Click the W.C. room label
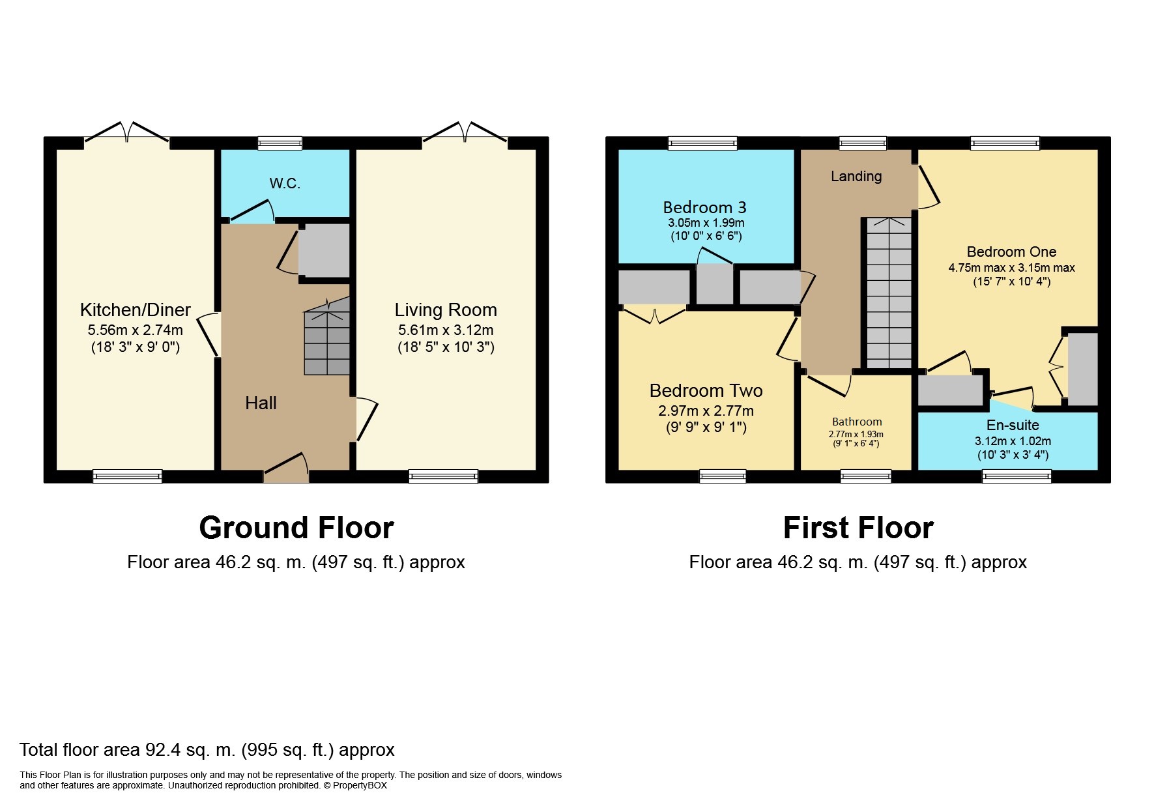pos(285,184)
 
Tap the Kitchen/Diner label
pos(136,310)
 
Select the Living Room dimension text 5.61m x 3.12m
pos(446,330)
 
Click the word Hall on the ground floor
pos(261,403)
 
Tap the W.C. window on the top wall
pos(280,143)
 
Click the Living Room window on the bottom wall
pos(443,476)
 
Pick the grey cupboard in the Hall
pos(324,251)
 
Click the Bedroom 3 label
pos(704,207)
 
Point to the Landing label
pos(856,176)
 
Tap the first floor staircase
pos(889,293)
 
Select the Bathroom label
pos(857,422)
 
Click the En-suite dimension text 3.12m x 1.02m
pos(1013,441)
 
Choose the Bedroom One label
pos(1011,252)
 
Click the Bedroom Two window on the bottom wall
pos(723,476)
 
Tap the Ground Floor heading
pos(296,528)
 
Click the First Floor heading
pos(858,528)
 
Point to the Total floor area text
pos(207,750)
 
